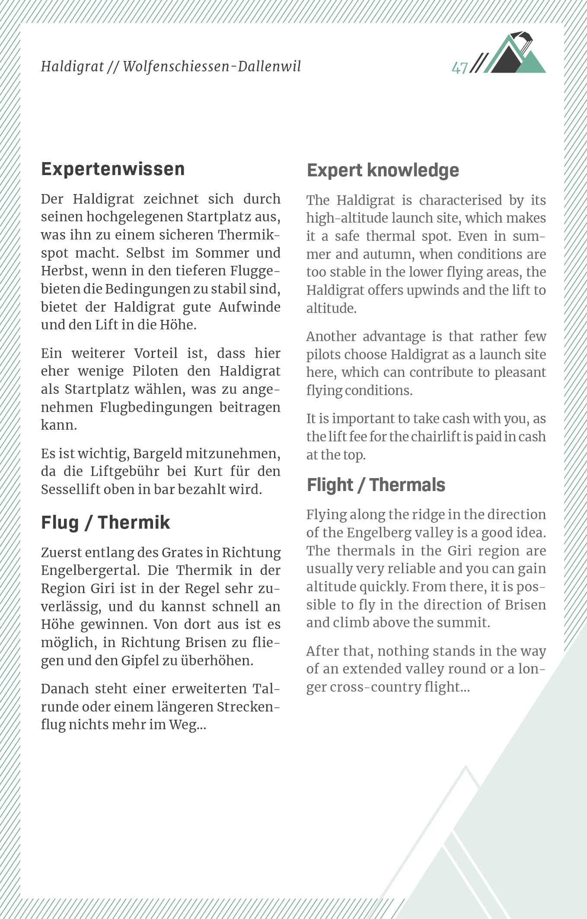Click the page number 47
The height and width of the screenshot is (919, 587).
[x=459, y=68]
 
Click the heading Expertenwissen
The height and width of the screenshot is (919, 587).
[x=113, y=169]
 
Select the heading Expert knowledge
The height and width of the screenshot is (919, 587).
[x=383, y=170]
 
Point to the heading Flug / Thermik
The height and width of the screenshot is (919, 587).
[x=105, y=522]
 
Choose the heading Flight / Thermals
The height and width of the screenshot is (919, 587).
[x=376, y=485]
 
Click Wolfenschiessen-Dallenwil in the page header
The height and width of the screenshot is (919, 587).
[x=212, y=67]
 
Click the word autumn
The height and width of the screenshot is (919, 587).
[x=387, y=254]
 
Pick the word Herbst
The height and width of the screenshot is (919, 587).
[x=63, y=271]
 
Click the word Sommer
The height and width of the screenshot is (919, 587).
[x=222, y=253]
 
